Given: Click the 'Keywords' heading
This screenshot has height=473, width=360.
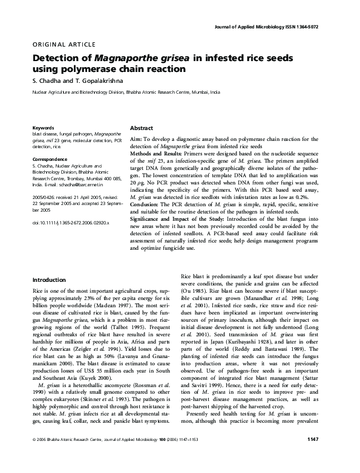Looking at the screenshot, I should click(43, 128).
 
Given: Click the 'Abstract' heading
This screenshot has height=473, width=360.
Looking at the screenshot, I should click(142, 129).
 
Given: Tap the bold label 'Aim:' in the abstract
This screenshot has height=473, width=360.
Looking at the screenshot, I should click(137, 139).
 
